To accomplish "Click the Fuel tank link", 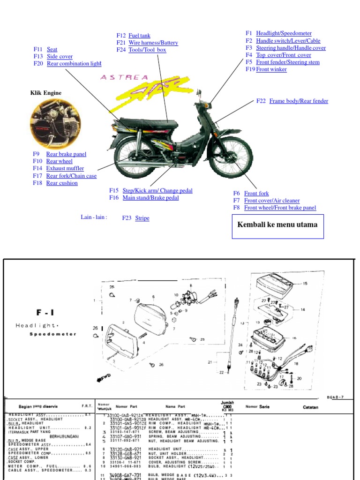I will click(139, 36).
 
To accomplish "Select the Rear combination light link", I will click(74, 64).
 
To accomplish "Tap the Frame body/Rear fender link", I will click(299, 101).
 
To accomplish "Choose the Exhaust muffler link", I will click(65, 168).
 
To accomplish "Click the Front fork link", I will click(256, 193).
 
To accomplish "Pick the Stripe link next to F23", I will click(142, 218).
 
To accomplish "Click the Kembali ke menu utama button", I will click(277, 225).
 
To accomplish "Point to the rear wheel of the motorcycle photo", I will click(136, 157).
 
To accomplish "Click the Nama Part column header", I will click(175, 407).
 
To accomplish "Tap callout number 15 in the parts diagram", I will click(305, 284).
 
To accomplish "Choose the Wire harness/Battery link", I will click(153, 43).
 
